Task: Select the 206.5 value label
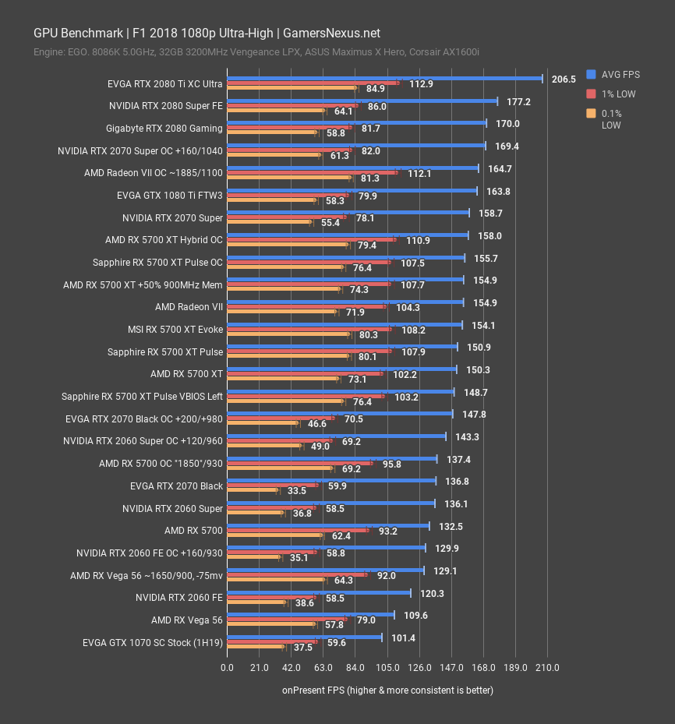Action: [564, 79]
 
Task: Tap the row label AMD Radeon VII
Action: [189, 307]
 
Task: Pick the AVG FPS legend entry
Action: [620, 74]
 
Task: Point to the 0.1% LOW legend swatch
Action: [592, 113]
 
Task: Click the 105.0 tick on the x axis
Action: [387, 667]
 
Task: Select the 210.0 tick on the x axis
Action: [548, 667]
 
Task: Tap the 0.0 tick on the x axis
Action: [227, 667]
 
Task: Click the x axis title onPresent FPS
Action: [387, 690]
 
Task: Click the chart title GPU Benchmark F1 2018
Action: [207, 33]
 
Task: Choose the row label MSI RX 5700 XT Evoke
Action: [175, 330]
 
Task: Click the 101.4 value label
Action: [403, 637]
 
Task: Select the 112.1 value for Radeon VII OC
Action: [419, 173]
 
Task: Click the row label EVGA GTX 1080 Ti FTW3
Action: [170, 196]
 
